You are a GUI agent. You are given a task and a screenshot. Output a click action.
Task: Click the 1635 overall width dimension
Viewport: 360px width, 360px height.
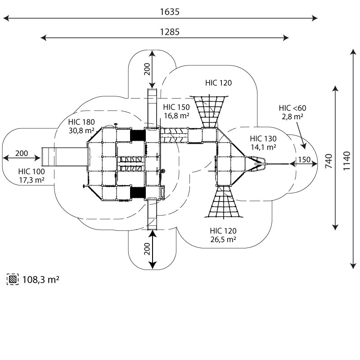tap(170, 12)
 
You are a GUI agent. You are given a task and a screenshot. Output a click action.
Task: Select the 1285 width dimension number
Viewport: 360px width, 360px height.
tap(170, 31)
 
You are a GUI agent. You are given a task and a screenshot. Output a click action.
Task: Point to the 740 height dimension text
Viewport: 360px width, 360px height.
tap(329, 161)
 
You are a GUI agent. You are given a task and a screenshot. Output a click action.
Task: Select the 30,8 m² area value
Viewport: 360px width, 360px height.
tap(81, 130)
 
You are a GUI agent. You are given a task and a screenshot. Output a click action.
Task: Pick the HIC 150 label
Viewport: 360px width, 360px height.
tap(176, 108)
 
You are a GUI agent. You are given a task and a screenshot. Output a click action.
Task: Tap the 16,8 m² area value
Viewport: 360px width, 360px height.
tap(177, 116)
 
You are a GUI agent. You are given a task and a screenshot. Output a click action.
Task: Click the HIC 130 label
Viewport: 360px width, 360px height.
tap(263, 139)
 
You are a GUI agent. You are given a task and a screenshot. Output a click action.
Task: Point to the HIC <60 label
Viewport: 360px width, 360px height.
tap(292, 108)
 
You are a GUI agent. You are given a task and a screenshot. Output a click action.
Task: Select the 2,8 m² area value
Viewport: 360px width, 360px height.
tap(292, 116)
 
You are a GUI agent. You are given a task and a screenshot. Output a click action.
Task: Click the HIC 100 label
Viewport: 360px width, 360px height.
tap(31, 171)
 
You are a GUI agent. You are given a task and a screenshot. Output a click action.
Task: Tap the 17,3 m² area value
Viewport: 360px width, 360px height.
tap(31, 180)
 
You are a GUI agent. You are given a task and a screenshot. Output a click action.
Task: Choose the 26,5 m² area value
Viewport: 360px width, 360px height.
tap(223, 239)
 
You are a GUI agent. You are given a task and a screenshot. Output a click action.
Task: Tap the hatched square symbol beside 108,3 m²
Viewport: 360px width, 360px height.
tap(13, 279)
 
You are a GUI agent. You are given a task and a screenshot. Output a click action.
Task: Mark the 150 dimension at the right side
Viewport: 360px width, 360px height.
tap(304, 160)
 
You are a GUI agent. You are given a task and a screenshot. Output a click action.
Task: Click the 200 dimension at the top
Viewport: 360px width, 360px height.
tap(147, 69)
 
